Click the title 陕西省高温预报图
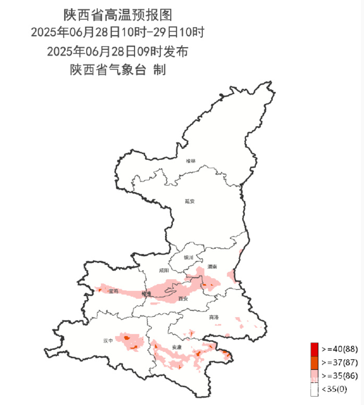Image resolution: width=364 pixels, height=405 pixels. click(117, 15)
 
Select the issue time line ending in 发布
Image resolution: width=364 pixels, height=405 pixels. click(117, 51)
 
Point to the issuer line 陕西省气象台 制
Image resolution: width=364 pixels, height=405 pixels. click(117, 70)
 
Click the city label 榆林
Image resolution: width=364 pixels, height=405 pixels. click(191, 161)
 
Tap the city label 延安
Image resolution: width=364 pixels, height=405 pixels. click(189, 201)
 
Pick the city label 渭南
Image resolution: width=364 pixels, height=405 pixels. click(212, 266)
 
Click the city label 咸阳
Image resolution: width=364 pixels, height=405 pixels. click(164, 271)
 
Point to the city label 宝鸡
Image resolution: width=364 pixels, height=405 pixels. click(114, 291)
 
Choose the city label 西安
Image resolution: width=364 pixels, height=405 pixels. click(183, 299)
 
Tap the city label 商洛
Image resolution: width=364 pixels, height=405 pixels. click(214, 317)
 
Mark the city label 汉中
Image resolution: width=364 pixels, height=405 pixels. click(108, 340)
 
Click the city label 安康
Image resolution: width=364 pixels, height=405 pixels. click(177, 347)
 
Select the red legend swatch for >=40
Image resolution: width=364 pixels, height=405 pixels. click(314, 349)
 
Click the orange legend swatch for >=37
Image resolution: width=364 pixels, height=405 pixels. click(314, 362)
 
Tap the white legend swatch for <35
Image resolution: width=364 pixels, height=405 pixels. click(314, 390)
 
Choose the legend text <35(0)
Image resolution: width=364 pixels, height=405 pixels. click(334, 390)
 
